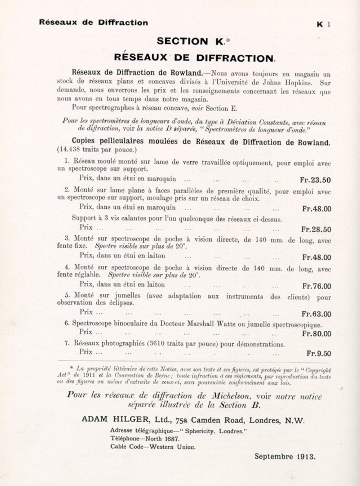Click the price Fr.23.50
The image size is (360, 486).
click(x=315, y=180)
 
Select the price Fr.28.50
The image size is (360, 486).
click(x=316, y=229)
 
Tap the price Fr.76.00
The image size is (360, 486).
click(x=317, y=286)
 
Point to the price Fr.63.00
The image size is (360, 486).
click(x=316, y=314)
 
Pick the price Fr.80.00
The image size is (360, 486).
click(x=316, y=334)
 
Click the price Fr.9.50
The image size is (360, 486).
click(x=319, y=353)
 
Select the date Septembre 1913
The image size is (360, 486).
click(x=285, y=456)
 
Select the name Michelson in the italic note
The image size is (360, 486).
click(x=231, y=396)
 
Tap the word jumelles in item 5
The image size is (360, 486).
click(x=128, y=296)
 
